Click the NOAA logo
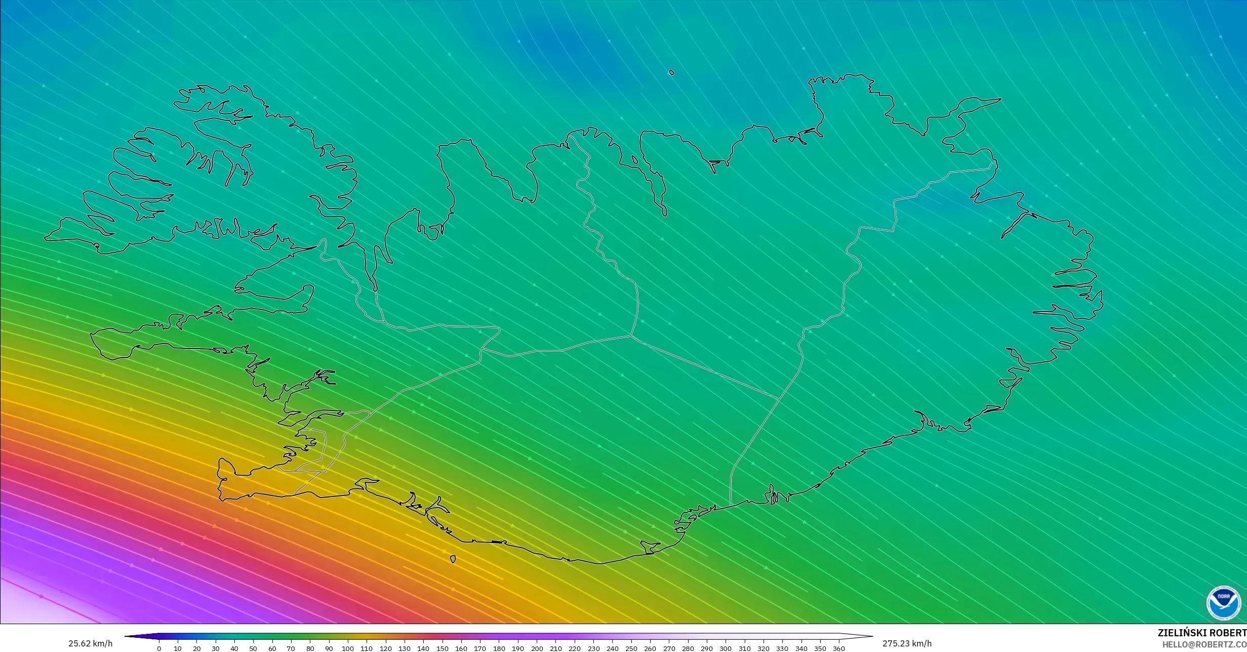(x=1224, y=603)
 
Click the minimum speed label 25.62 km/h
(x=90, y=644)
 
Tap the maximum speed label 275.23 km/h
(x=907, y=644)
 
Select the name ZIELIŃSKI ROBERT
(x=1202, y=633)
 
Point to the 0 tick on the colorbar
(x=159, y=648)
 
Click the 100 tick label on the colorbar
(x=347, y=648)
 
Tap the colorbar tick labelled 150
(x=442, y=648)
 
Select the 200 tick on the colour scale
(x=537, y=648)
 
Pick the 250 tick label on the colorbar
(x=631, y=648)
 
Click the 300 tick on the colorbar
(x=726, y=648)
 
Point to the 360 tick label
(x=839, y=648)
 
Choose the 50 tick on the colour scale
(x=253, y=648)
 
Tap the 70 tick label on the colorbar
(x=291, y=648)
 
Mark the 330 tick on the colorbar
(x=782, y=648)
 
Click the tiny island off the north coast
(x=672, y=72)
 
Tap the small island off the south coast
(x=453, y=559)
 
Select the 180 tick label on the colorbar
(x=499, y=648)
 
